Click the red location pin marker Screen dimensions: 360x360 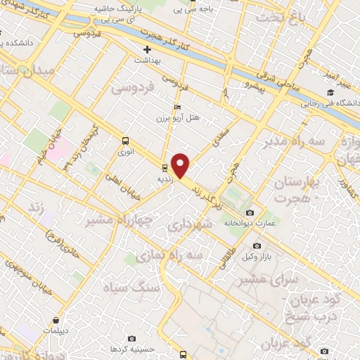coord(181,165)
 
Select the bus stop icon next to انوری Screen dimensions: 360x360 coord(125,140)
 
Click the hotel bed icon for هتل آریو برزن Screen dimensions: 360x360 coord(176,108)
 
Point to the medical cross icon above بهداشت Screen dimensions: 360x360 coord(147,50)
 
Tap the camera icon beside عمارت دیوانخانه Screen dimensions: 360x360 coord(250,212)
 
